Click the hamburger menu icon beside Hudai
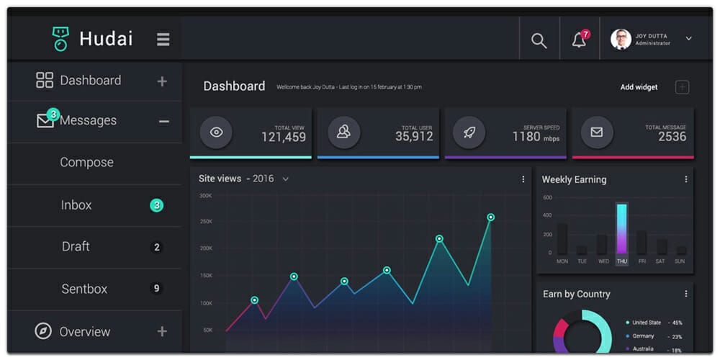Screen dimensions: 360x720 (163, 40)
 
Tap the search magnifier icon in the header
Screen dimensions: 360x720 (539, 41)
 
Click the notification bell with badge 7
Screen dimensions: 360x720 (579, 40)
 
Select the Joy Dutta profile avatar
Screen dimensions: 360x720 (621, 40)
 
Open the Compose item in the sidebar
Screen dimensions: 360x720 (86, 163)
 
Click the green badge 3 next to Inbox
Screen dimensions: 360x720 (156, 205)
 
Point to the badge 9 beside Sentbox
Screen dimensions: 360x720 (156, 289)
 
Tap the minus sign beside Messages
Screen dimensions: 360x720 (164, 121)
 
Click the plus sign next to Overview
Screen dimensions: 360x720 (162, 331)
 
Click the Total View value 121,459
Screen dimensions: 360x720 (283, 137)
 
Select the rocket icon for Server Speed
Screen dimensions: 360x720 (469, 132)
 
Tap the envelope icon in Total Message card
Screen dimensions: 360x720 (596, 132)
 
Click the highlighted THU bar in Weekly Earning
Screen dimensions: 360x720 (621, 229)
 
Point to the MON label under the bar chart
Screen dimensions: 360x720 (562, 261)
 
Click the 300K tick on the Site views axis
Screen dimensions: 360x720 (205, 196)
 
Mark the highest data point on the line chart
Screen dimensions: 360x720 (490, 217)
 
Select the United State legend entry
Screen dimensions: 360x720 (646, 323)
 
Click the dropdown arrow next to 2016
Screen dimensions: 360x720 (285, 179)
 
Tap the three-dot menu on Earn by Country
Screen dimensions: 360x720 (685, 294)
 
